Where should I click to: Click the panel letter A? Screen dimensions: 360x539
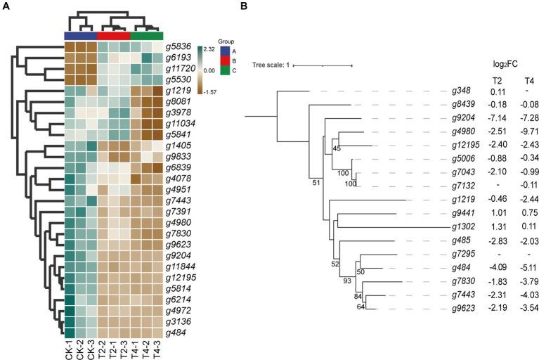[x=5, y=6]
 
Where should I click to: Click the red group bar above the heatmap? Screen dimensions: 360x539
[x=114, y=35]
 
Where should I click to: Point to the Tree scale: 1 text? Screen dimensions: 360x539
[x=271, y=65]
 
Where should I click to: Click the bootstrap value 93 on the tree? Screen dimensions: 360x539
[x=346, y=281]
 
